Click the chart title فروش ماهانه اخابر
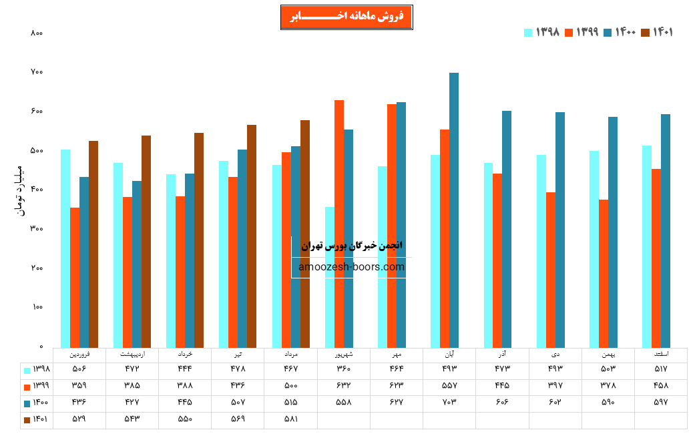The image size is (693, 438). tap(346, 17)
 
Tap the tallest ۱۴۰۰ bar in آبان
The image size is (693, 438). tap(454, 210)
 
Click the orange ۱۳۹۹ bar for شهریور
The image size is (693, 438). tap(339, 224)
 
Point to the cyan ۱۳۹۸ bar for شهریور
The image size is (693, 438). tap(330, 277)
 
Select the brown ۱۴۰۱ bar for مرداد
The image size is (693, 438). tap(305, 234)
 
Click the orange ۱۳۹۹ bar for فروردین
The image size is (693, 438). tap(75, 277)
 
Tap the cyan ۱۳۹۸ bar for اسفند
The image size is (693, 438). tap(647, 246)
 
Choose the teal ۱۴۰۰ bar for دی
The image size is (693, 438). tap(560, 230)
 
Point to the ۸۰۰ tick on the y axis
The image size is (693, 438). tap(37, 33)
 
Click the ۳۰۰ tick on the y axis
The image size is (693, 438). tap(37, 229)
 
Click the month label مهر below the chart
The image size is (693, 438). tap(397, 354)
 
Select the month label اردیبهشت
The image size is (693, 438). tap(132, 354)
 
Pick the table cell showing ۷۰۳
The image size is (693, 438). tap(449, 403)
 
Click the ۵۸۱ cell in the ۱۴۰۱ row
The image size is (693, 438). tap(291, 420)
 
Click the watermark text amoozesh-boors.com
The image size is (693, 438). tap(351, 267)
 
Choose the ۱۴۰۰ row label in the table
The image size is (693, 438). tap(37, 403)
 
